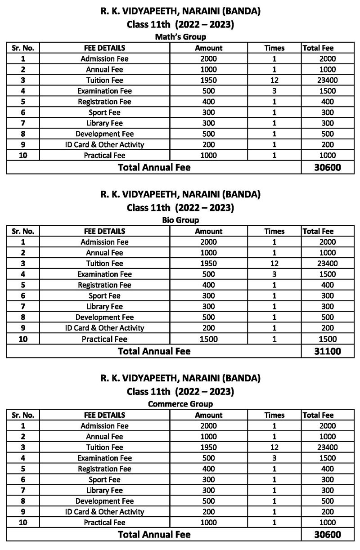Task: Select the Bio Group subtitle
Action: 180,220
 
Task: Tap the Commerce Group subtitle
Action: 180,404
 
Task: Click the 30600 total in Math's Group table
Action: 327,168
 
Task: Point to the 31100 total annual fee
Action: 327,351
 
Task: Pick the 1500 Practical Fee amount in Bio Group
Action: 209,339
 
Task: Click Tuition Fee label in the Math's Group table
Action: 104,80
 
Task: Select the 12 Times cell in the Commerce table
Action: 274,447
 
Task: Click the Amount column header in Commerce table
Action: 209,415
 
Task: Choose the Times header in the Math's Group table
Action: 274,48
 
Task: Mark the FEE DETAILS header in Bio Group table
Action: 104,232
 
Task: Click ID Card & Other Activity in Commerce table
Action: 104,512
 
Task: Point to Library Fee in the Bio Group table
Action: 104,307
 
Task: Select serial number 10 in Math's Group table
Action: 23,156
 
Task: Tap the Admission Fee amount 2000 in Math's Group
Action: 209,59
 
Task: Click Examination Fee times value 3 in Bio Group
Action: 274,274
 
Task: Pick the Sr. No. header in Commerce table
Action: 23,415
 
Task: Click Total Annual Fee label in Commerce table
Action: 154,535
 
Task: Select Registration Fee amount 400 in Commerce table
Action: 209,469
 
